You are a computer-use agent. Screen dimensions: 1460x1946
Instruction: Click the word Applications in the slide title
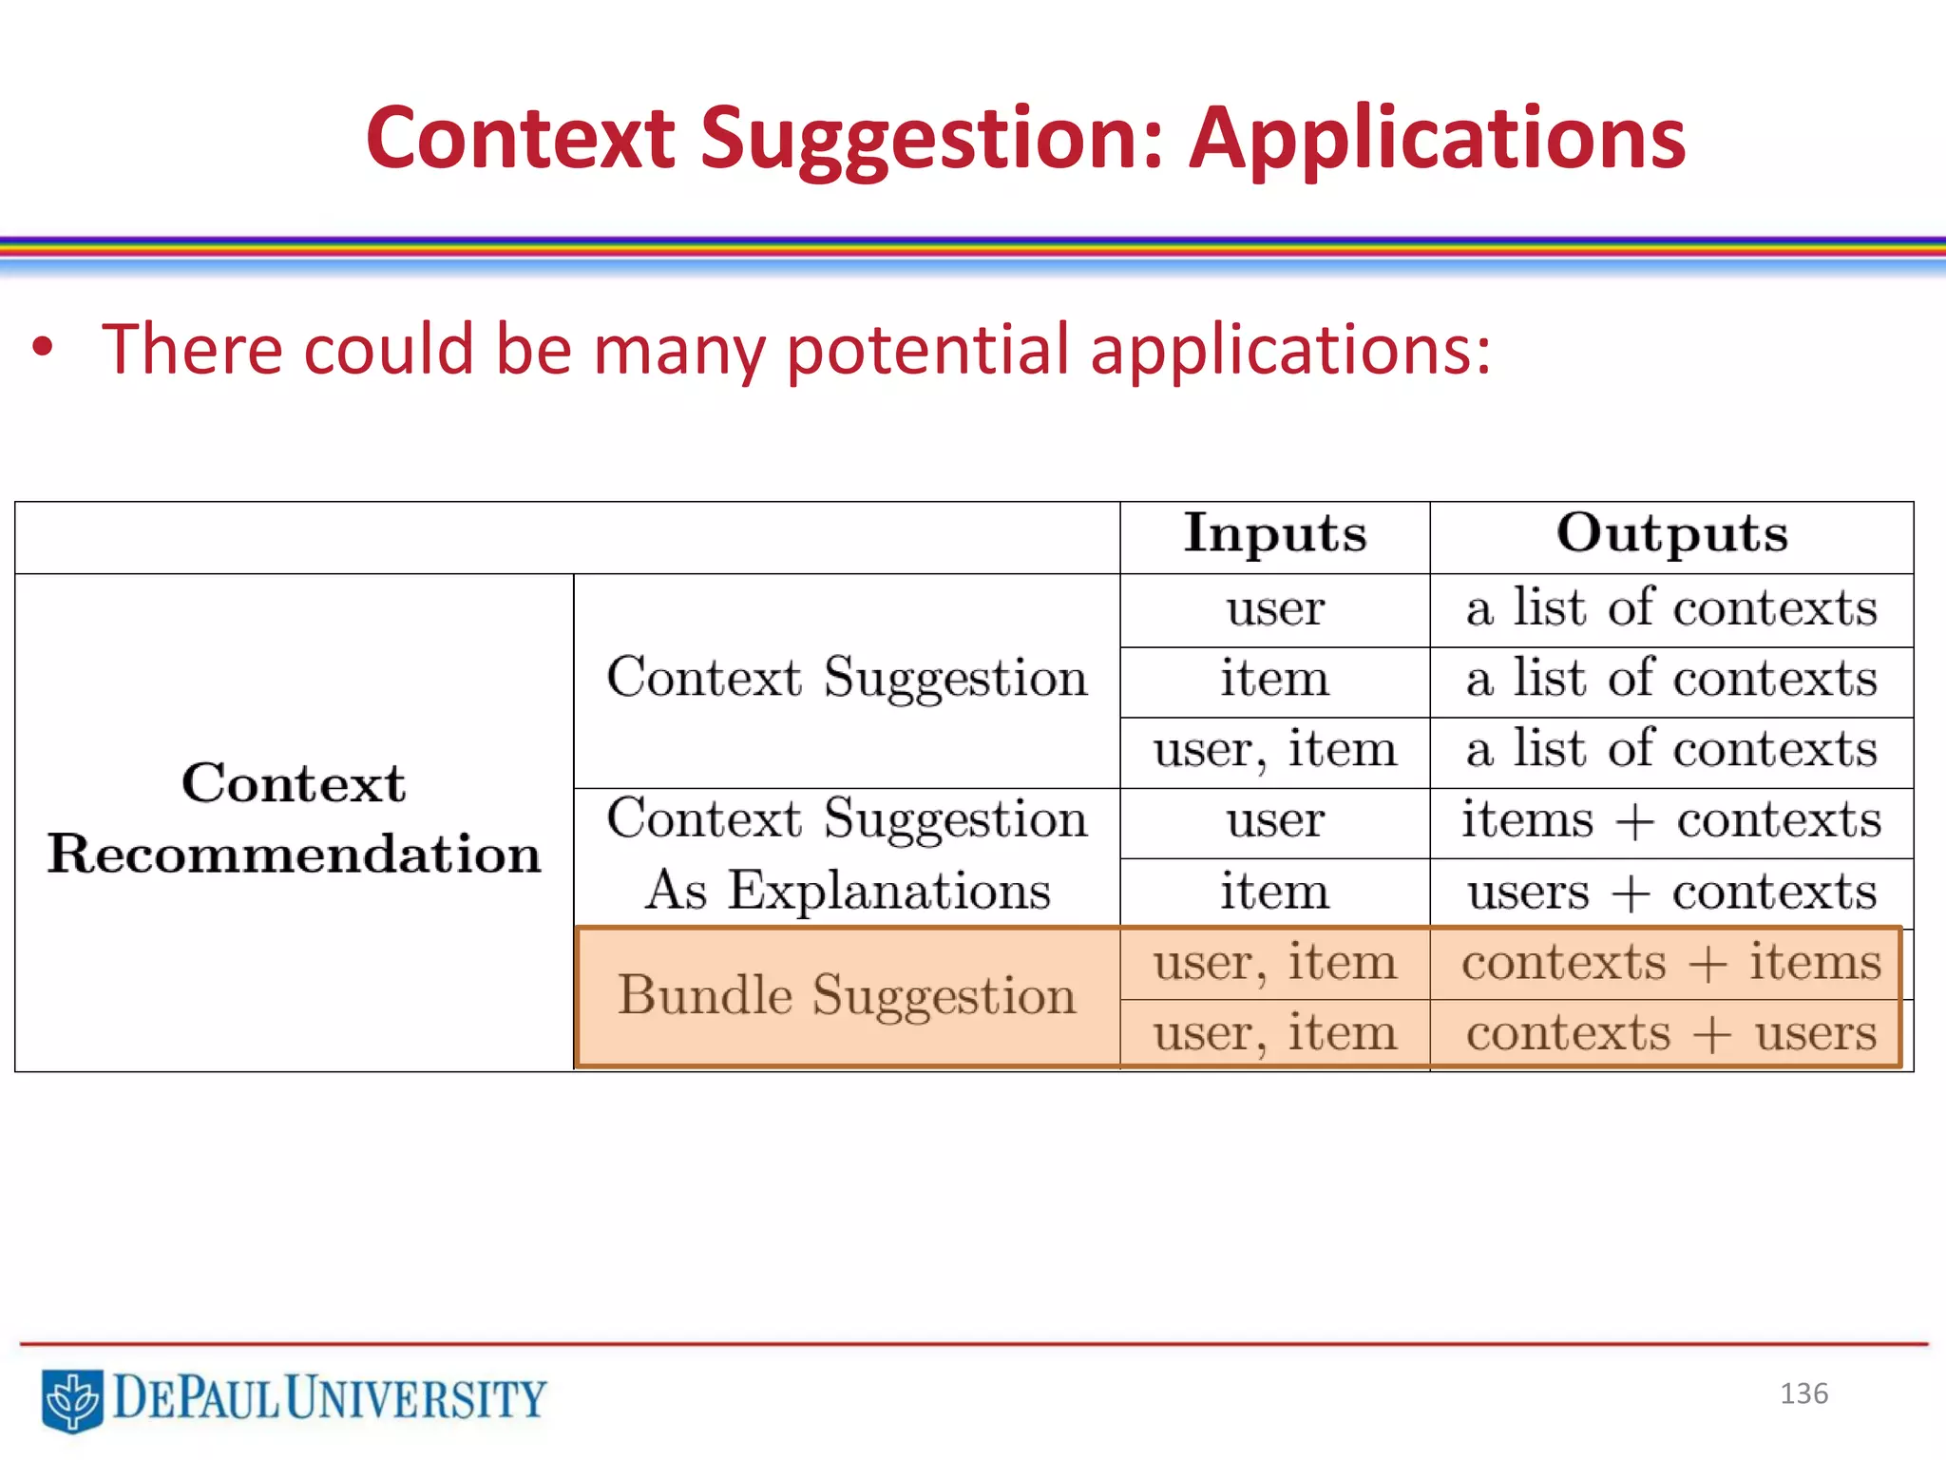point(1437,140)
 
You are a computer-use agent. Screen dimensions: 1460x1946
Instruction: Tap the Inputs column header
point(1274,534)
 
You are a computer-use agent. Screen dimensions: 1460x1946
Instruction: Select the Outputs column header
point(1671,534)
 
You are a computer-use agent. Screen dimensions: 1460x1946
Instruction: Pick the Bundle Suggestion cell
point(847,996)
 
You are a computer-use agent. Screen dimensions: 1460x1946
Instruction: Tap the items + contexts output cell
point(1671,820)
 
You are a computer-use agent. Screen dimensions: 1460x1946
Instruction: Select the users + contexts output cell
point(1671,893)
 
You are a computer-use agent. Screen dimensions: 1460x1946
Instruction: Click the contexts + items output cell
point(1671,962)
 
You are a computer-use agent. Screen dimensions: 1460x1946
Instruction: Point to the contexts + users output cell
point(1671,1033)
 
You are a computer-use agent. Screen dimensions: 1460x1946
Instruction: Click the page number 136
point(1803,1393)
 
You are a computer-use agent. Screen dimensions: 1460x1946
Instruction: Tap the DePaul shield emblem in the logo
point(72,1399)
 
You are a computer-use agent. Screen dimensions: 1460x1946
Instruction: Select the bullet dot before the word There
point(43,348)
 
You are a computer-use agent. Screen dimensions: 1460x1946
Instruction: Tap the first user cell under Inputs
point(1274,609)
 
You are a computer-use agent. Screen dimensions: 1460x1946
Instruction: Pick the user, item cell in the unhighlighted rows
point(1274,750)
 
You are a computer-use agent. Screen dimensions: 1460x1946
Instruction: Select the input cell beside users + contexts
point(1274,893)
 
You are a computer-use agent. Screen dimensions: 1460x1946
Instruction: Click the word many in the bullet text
point(678,350)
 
